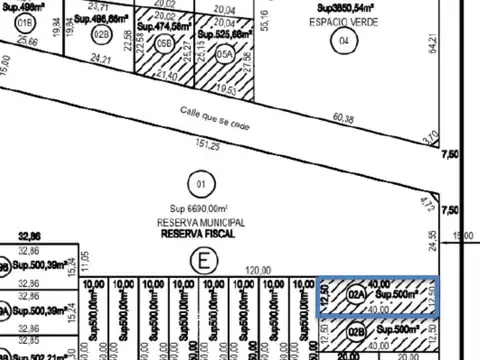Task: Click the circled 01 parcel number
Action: (x=200, y=183)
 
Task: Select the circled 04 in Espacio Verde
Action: (x=344, y=41)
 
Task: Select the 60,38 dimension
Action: (x=344, y=119)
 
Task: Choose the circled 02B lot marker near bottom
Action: (x=356, y=332)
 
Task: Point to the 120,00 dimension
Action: (x=260, y=270)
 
